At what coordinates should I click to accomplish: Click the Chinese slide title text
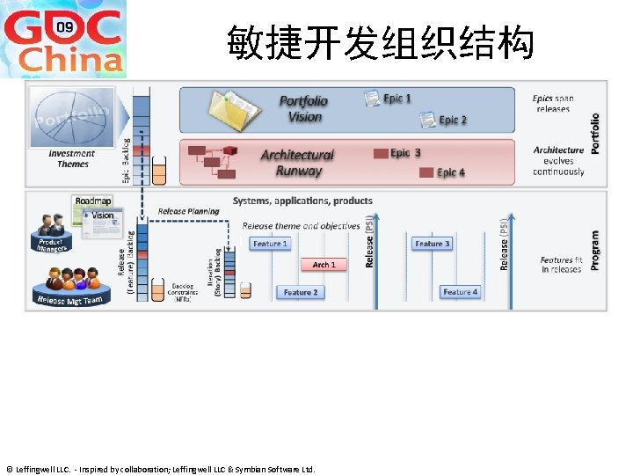pos(380,42)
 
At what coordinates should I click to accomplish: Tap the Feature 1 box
pos(270,244)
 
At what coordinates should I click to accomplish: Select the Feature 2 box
pos(300,292)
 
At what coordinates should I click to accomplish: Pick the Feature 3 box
pos(432,244)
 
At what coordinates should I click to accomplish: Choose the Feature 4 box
pos(460,292)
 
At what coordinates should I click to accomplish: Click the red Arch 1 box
pos(324,264)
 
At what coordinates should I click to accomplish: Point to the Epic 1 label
pos(397,99)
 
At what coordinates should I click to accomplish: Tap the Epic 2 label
pos(452,120)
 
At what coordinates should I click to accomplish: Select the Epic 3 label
pos(405,153)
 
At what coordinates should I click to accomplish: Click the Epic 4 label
pos(451,172)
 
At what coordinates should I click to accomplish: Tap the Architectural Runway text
pos(297,163)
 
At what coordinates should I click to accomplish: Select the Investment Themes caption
pos(73,159)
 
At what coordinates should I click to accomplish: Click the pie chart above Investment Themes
pos(72,117)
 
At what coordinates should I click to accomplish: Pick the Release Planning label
pos(189,212)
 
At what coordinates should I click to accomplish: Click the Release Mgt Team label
pos(70,301)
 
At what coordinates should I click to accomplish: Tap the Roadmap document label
pos(94,201)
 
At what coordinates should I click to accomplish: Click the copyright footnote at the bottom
pos(160,469)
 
